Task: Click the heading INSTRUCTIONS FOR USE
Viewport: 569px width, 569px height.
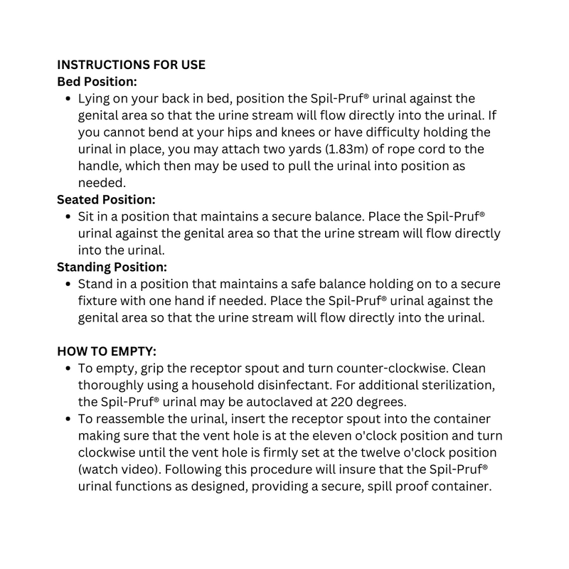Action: [131, 65]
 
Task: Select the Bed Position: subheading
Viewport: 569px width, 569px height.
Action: [97, 82]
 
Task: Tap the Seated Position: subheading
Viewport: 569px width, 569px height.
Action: [106, 201]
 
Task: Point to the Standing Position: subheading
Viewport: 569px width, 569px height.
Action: [112, 267]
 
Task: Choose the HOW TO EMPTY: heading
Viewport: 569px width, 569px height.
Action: [107, 351]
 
